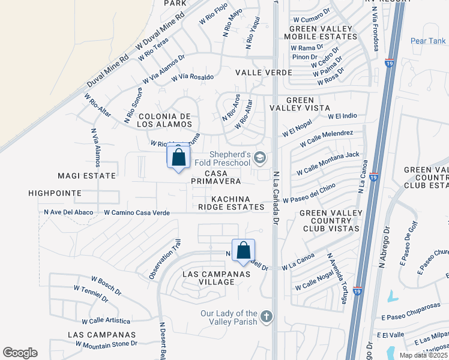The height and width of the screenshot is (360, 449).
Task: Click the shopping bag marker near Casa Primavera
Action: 178,158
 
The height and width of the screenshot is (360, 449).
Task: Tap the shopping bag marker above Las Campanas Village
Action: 243,251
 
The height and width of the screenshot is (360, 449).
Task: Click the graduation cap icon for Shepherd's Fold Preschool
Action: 259,158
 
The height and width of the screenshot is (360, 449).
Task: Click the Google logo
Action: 20,352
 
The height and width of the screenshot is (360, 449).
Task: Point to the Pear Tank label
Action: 428,41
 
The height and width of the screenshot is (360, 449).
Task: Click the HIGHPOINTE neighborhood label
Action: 54,193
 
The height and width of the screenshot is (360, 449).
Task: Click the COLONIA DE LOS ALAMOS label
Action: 164,120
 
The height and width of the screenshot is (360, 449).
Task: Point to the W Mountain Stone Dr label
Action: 106,344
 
